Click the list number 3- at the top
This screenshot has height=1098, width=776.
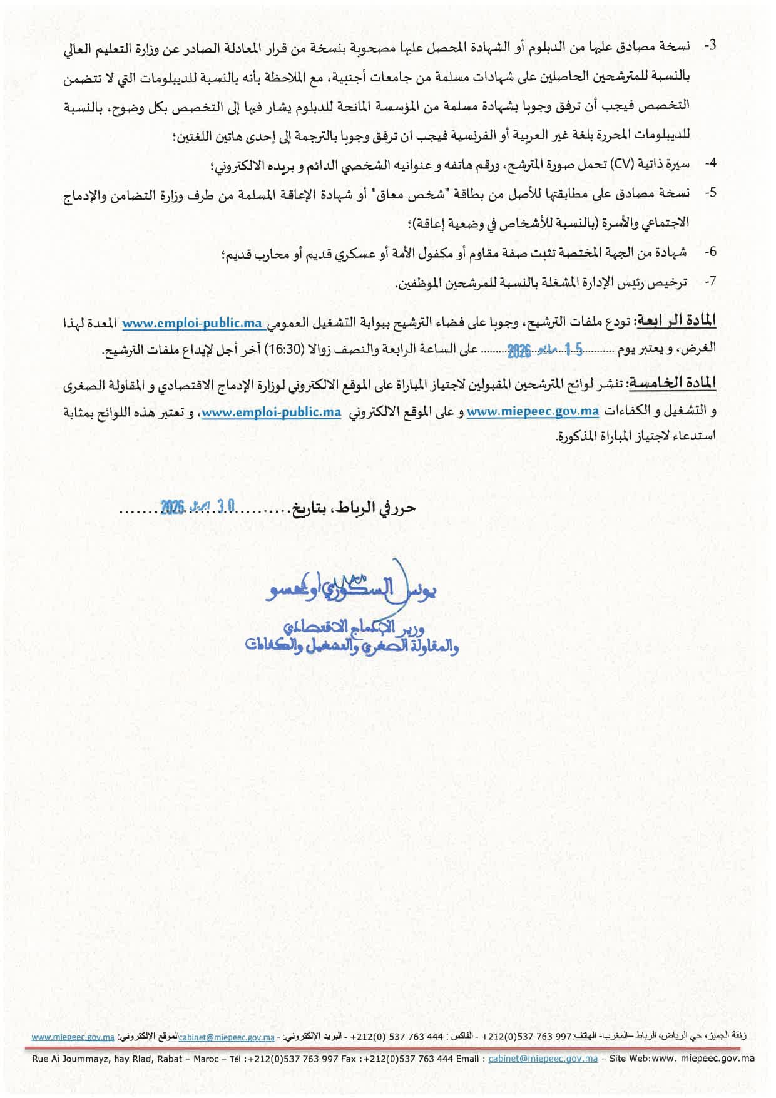point(710,46)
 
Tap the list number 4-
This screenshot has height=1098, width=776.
point(710,163)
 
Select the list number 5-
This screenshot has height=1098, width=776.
point(710,193)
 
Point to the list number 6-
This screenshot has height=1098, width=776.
point(710,252)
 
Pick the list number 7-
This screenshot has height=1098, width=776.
point(710,282)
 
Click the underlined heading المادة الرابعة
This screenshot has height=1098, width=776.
point(676,321)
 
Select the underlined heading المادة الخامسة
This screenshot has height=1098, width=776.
point(673,382)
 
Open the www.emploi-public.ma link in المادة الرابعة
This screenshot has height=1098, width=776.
point(192,323)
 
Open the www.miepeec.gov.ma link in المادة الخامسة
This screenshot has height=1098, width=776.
point(533,411)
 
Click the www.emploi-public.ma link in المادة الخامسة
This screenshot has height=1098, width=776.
point(271,412)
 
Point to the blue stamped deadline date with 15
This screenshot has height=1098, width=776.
point(544,350)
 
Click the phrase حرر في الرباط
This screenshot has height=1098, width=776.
point(374,508)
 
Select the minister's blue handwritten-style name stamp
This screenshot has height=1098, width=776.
point(351,589)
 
